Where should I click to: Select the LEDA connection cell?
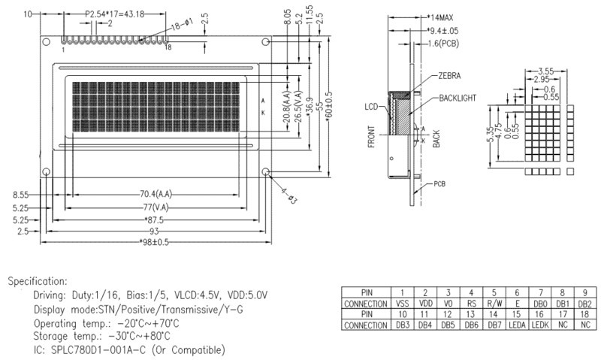point(518,325)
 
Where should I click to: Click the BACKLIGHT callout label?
point(459,98)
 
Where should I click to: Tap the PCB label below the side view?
point(442,183)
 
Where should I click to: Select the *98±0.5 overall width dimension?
point(156,242)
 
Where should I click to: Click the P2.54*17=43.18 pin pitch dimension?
point(113,14)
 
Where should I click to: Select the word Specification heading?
point(38,281)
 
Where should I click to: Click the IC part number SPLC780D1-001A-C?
point(104,349)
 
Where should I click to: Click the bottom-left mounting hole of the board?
point(46,173)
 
